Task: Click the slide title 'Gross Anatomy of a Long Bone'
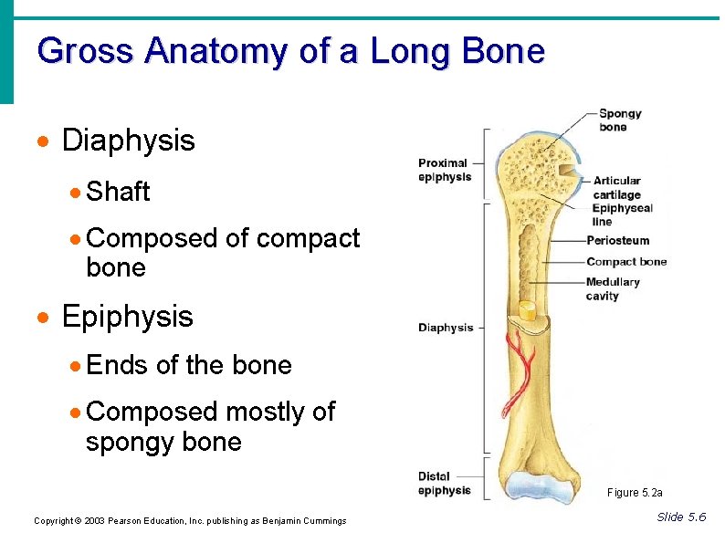point(290,51)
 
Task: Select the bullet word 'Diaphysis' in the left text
point(128,141)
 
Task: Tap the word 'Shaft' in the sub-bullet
point(118,192)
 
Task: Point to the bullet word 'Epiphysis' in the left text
point(127,317)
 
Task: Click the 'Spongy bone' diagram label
point(620,120)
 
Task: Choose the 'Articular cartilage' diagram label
point(616,187)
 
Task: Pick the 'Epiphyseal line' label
point(623,214)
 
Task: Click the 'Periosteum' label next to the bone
point(617,241)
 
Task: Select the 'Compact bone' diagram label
point(626,262)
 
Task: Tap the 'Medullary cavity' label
point(613,289)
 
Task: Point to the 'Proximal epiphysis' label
point(444,170)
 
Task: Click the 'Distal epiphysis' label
point(445,483)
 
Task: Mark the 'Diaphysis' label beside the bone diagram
point(446,328)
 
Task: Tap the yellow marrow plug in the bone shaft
point(527,310)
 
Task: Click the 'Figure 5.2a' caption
point(635,493)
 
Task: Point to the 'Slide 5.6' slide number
point(681,517)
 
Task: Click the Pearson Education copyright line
point(190,521)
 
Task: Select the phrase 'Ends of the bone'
point(189,366)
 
